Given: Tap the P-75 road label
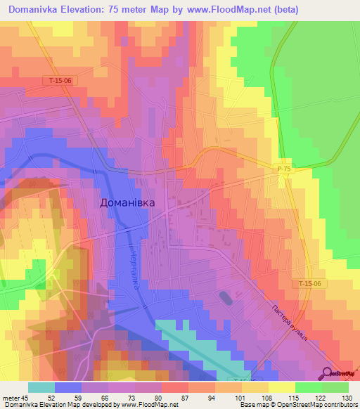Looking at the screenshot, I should click(x=283, y=169).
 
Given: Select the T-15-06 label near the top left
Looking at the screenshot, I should click(x=60, y=81).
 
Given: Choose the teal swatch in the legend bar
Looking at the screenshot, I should click(x=41, y=387).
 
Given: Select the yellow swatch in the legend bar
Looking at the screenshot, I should click(x=282, y=387).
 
